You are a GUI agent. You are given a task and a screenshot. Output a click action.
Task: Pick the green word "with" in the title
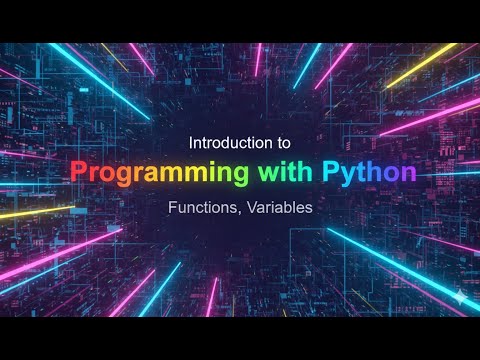click(286, 172)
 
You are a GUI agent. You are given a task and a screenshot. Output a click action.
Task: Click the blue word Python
click(369, 172)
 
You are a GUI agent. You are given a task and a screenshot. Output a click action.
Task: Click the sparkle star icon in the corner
click(458, 297)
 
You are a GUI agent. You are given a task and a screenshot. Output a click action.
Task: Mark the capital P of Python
click(330, 172)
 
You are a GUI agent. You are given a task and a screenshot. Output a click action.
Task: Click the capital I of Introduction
click(191, 143)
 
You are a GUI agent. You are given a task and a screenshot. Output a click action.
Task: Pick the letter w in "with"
click(268, 173)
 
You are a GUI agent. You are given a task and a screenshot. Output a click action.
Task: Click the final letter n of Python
click(409, 173)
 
